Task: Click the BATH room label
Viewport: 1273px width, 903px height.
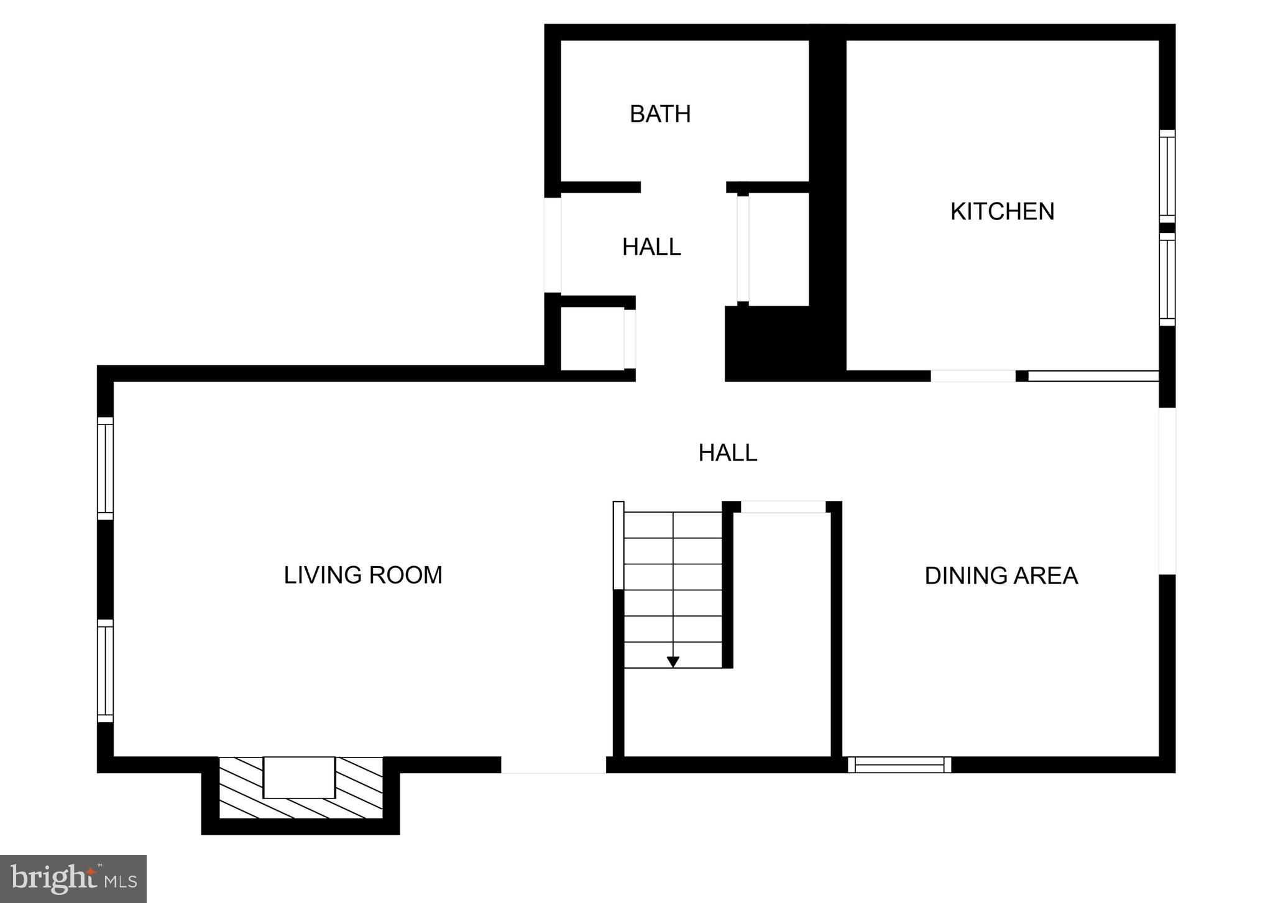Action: (660, 114)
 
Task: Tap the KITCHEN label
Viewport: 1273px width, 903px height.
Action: (1002, 212)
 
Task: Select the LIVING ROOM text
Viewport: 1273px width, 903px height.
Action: (363, 575)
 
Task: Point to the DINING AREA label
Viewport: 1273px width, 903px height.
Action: (1001, 576)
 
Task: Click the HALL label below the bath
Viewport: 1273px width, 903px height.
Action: (651, 247)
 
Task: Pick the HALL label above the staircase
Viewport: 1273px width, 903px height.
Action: (727, 453)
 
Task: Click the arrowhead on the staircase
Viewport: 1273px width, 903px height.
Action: (673, 662)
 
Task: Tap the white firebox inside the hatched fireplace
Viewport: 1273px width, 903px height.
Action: (299, 777)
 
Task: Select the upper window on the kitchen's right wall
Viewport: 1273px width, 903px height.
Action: (1167, 176)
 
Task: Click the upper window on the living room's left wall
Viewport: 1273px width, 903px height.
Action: (105, 468)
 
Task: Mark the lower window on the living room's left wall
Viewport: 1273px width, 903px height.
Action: (105, 671)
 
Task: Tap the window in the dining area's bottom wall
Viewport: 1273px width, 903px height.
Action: (899, 764)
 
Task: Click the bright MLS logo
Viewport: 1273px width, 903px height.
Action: (73, 879)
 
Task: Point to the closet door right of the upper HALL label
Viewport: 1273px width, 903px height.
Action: (743, 249)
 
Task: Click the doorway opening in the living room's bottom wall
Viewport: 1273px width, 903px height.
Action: (553, 765)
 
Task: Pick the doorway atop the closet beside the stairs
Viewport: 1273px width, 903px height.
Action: (783, 507)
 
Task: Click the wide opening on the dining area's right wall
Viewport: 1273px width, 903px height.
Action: (1167, 491)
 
